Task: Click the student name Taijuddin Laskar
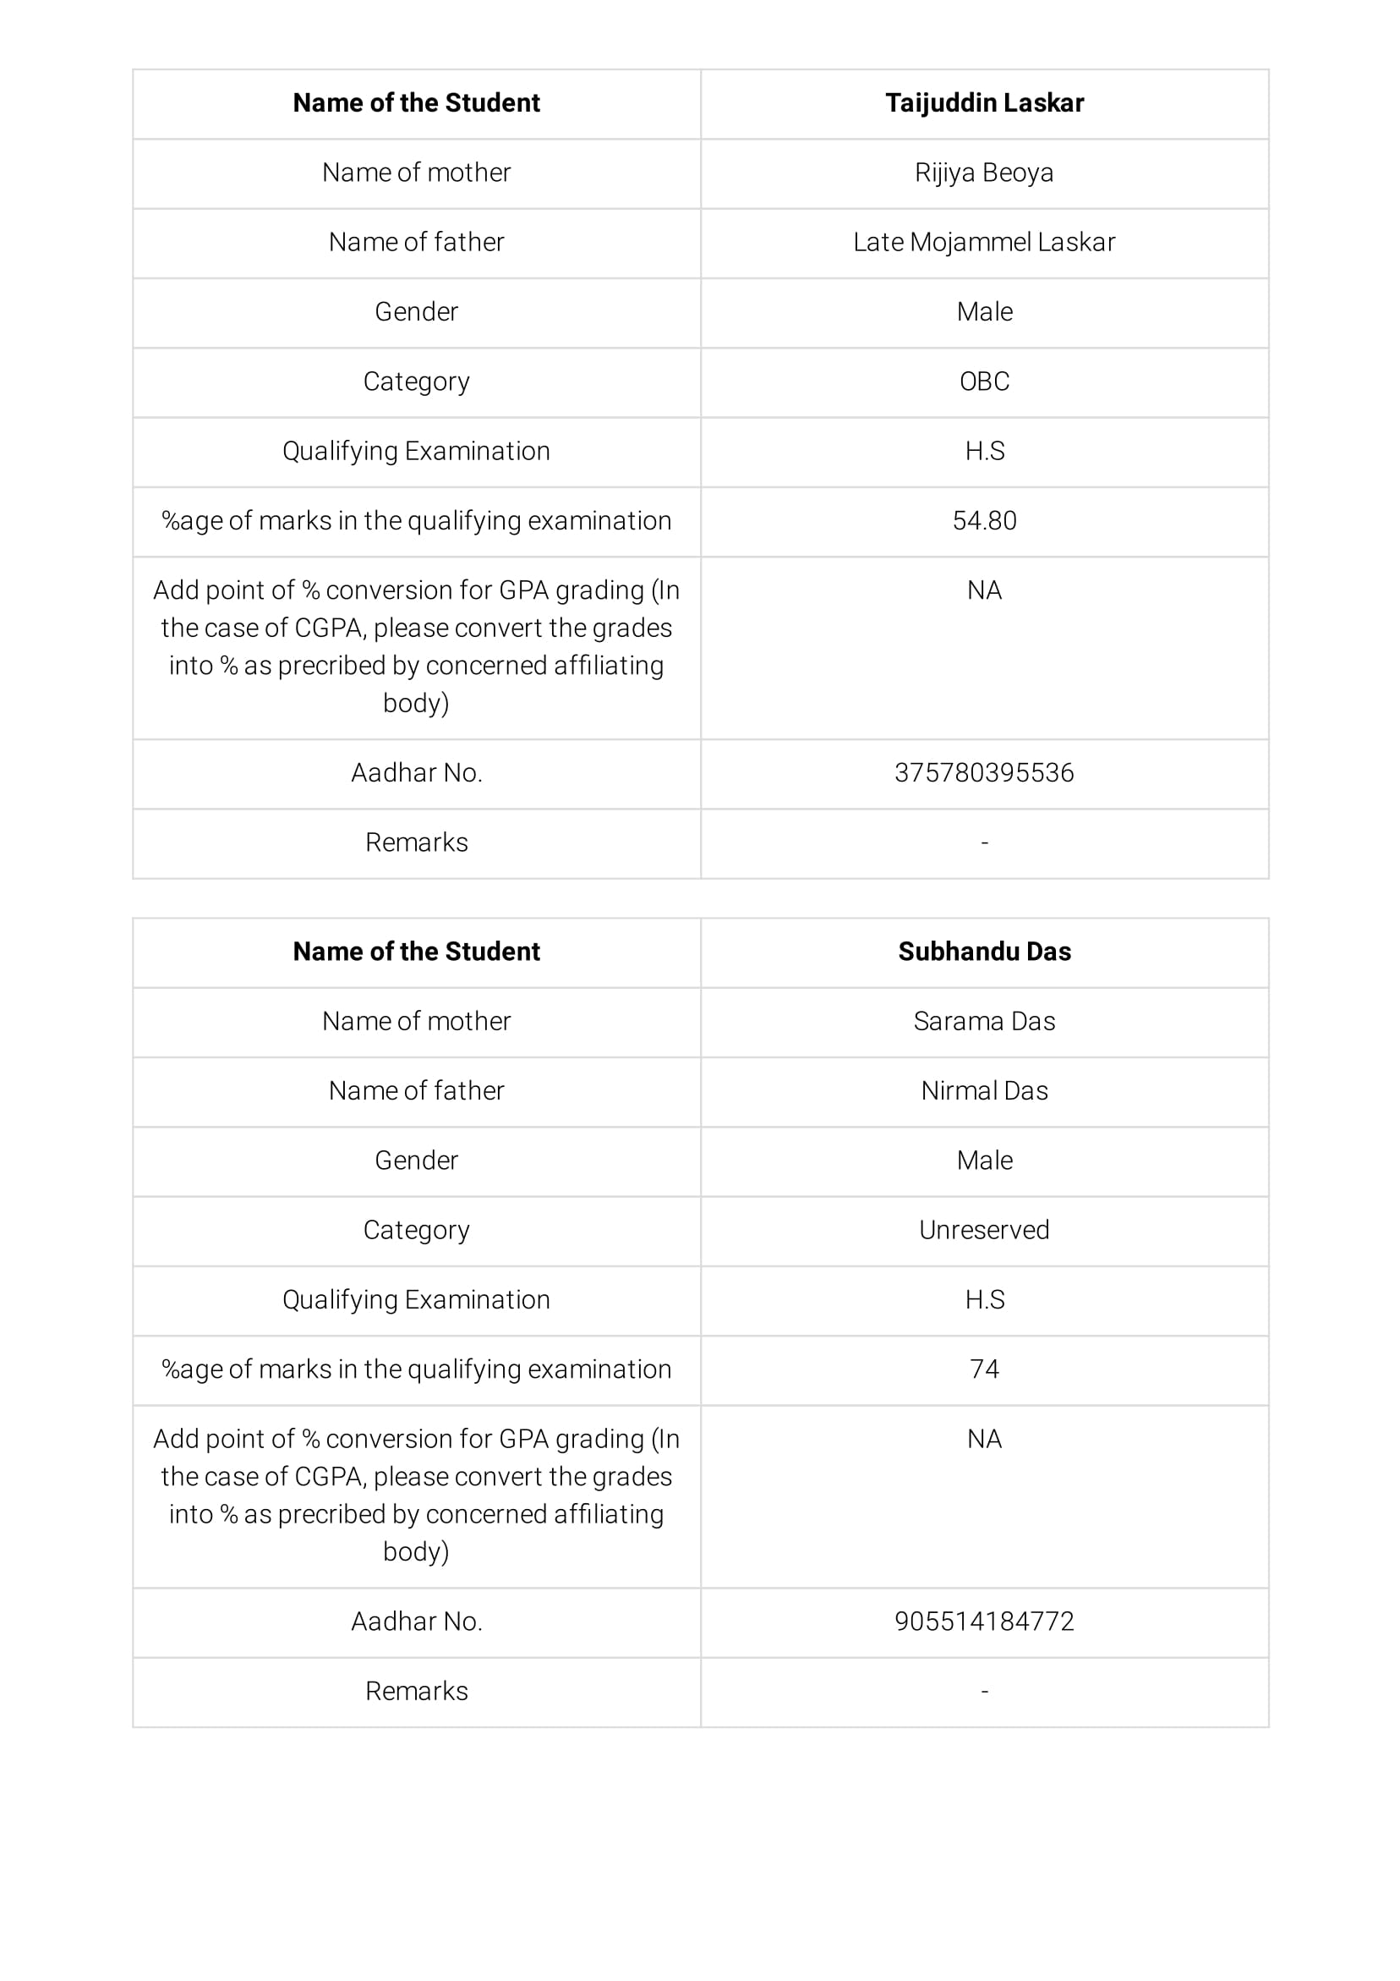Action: (x=984, y=102)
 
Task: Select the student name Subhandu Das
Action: (x=984, y=951)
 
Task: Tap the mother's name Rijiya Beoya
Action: (x=984, y=173)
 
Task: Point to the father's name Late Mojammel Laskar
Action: (x=984, y=243)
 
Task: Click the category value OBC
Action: (x=984, y=381)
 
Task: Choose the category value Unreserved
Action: (x=984, y=1230)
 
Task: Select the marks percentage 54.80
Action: (x=984, y=520)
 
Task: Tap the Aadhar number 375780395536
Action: (x=984, y=772)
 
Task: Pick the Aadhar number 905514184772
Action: (x=984, y=1622)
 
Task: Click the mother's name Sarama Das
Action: (x=984, y=1021)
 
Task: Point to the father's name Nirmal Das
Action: (x=984, y=1090)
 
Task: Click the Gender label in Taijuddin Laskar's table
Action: (x=417, y=311)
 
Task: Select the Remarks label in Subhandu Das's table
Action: (x=417, y=1691)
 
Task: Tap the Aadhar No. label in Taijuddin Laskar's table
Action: (x=417, y=772)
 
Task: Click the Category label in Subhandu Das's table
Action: (x=417, y=1230)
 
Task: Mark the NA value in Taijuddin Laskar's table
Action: (x=984, y=590)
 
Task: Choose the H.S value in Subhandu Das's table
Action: (x=984, y=1299)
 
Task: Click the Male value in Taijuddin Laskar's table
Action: (x=984, y=311)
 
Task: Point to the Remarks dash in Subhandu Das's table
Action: (x=984, y=1691)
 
